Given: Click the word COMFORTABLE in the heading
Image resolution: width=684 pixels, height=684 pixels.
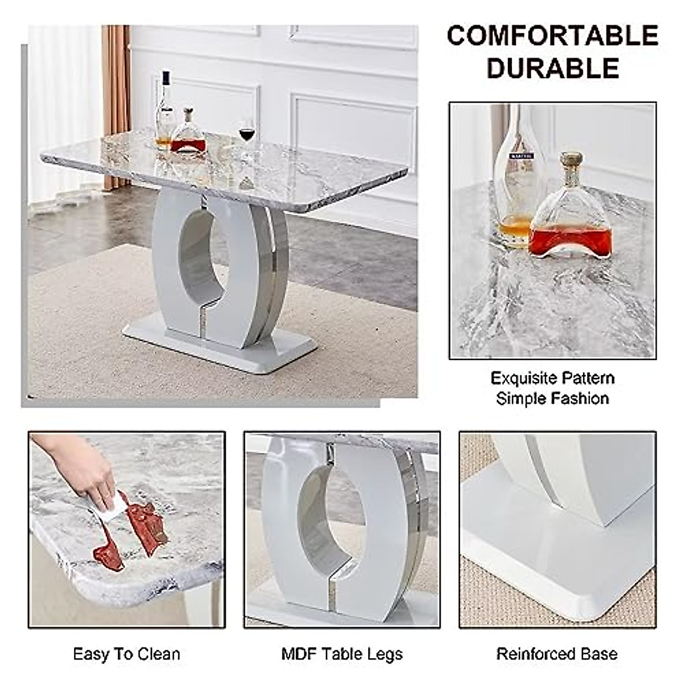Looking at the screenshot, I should point(552,36).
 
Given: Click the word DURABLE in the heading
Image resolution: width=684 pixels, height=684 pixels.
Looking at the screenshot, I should point(552,68).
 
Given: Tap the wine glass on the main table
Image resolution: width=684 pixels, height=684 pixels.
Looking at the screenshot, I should point(246,136).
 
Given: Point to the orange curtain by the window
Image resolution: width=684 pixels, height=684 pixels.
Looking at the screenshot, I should point(116,103).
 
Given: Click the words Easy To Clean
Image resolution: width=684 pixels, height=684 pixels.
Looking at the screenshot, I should point(127,654).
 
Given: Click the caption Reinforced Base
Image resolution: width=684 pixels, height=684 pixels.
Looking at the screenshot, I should point(557,654).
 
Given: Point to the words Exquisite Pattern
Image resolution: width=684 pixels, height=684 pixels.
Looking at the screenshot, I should point(552,378).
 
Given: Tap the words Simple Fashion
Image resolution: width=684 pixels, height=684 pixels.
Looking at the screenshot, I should point(552,398).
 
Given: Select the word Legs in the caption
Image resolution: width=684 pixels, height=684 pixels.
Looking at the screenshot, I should point(385,654).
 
